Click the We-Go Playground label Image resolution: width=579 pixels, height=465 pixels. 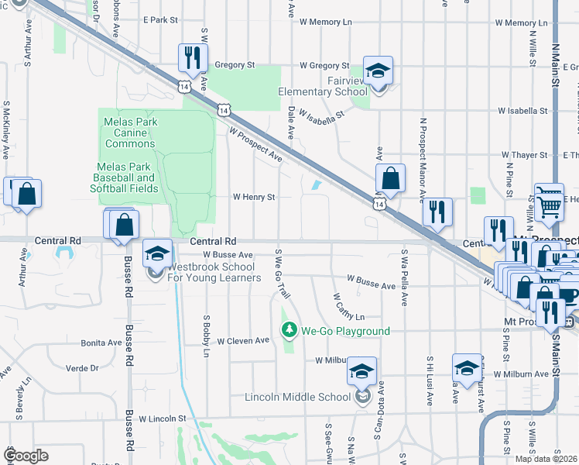coord(346,331)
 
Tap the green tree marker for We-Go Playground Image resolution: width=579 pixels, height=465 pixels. coord(290,331)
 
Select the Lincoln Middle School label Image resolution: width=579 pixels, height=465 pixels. coord(297,398)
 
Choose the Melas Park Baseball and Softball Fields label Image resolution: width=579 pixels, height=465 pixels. coord(125,177)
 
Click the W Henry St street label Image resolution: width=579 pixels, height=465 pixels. coord(255,198)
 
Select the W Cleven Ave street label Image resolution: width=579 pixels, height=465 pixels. coord(243,340)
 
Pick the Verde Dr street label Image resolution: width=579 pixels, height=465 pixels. coord(84,368)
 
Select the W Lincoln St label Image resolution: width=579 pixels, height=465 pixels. coord(163,418)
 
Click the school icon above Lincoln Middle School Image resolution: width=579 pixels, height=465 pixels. coord(361,372)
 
